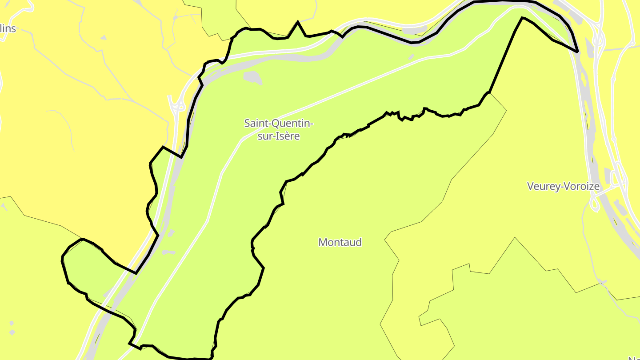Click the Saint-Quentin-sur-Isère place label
pyautogui.click(x=279, y=129)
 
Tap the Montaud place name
pyautogui.click(x=340, y=242)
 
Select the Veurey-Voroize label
pyautogui.click(x=563, y=186)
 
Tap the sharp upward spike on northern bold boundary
pyautogui.click(x=298, y=22)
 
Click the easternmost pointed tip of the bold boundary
pyautogui.click(x=577, y=52)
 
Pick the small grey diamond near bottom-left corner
pyautogui.click(x=12, y=332)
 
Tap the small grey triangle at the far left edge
pyautogui.click(x=4, y=207)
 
